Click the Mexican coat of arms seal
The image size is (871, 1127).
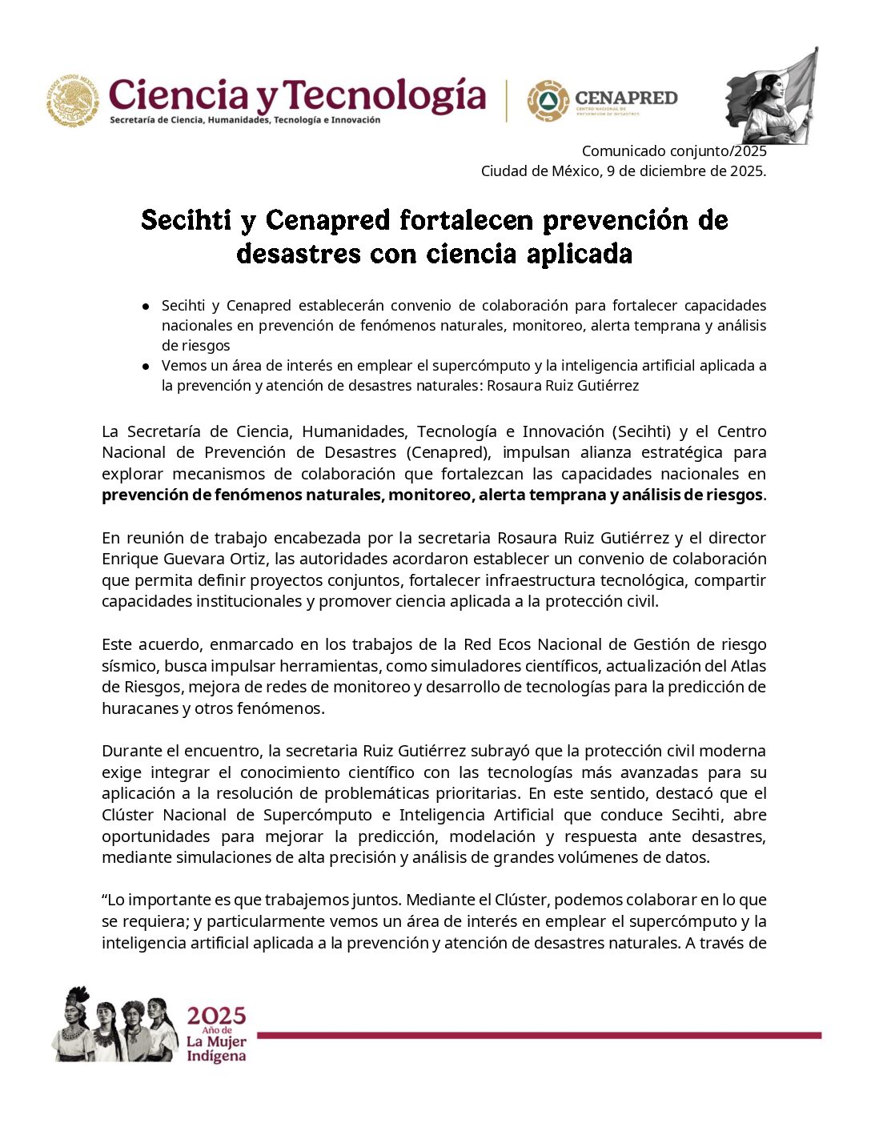[x=73, y=101]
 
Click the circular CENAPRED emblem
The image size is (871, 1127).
[x=548, y=101]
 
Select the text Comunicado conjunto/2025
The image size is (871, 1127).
[x=673, y=150]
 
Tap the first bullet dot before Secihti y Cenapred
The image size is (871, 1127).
[x=146, y=306]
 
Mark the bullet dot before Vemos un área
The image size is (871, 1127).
[x=146, y=366]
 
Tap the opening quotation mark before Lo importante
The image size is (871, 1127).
[x=105, y=900]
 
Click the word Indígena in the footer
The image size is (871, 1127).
[x=216, y=1057]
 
